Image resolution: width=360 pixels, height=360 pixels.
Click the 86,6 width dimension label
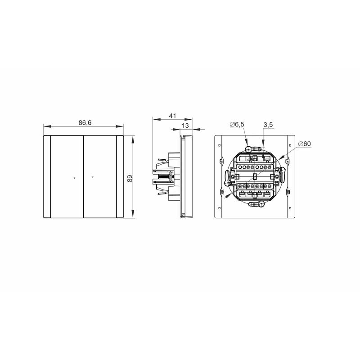coord(85,123)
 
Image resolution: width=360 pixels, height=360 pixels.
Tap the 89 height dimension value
coord(130,178)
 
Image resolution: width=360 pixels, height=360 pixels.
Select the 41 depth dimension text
coord(172,116)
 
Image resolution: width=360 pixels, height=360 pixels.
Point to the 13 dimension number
coord(185,126)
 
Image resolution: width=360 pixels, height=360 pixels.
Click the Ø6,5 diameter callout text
coord(237,125)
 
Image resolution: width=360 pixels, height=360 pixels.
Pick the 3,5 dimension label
coord(268,125)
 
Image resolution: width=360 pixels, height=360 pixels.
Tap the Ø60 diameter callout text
coord(305,144)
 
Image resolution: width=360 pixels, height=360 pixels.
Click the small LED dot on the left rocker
coord(74,177)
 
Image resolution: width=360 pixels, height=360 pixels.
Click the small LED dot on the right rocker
coord(92,176)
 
